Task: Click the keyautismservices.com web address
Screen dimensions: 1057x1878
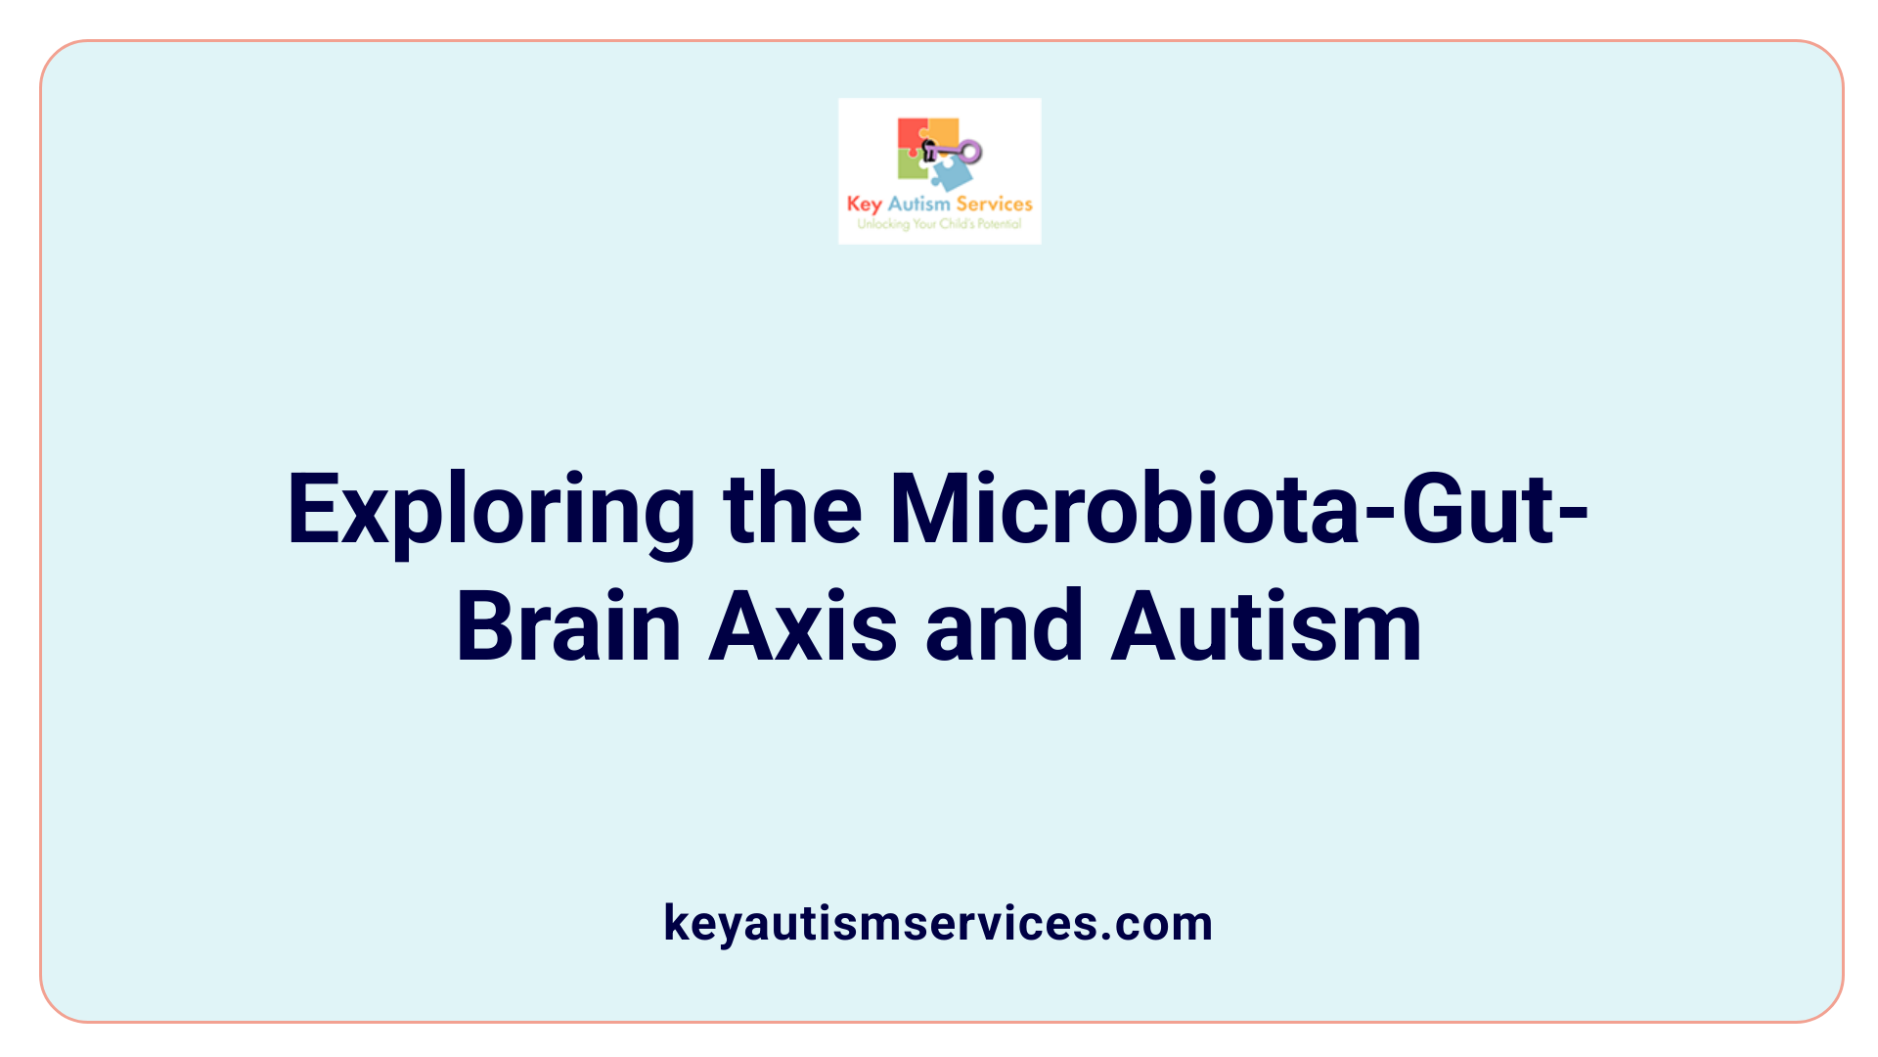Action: [938, 923]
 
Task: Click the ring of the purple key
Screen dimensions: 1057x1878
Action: [970, 152]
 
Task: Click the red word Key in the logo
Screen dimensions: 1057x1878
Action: [864, 205]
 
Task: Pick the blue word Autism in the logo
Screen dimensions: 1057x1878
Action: [918, 204]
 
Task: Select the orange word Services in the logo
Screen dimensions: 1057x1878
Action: [994, 204]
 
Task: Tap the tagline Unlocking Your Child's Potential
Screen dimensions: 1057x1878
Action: [939, 224]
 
